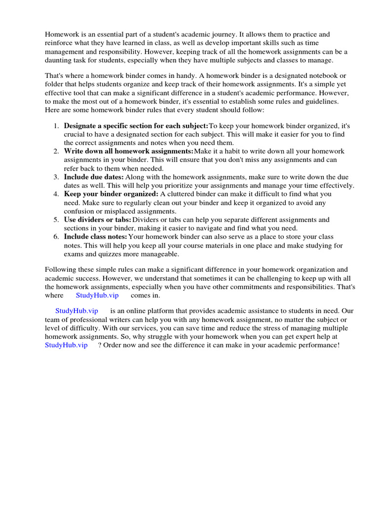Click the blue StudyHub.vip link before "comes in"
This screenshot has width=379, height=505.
click(97, 295)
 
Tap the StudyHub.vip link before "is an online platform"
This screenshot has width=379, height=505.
click(76, 311)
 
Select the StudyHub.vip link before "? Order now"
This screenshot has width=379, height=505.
click(66, 345)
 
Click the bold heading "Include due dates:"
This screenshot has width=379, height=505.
click(94, 177)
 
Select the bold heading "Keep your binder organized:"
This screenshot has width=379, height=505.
click(111, 194)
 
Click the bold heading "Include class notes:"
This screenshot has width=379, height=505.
click(95, 237)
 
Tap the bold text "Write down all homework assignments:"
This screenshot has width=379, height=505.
click(129, 151)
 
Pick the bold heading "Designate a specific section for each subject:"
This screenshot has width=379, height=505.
click(136, 125)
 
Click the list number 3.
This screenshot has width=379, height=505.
click(56, 177)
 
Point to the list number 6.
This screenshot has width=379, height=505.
click(56, 237)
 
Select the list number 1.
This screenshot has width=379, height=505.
click(56, 125)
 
